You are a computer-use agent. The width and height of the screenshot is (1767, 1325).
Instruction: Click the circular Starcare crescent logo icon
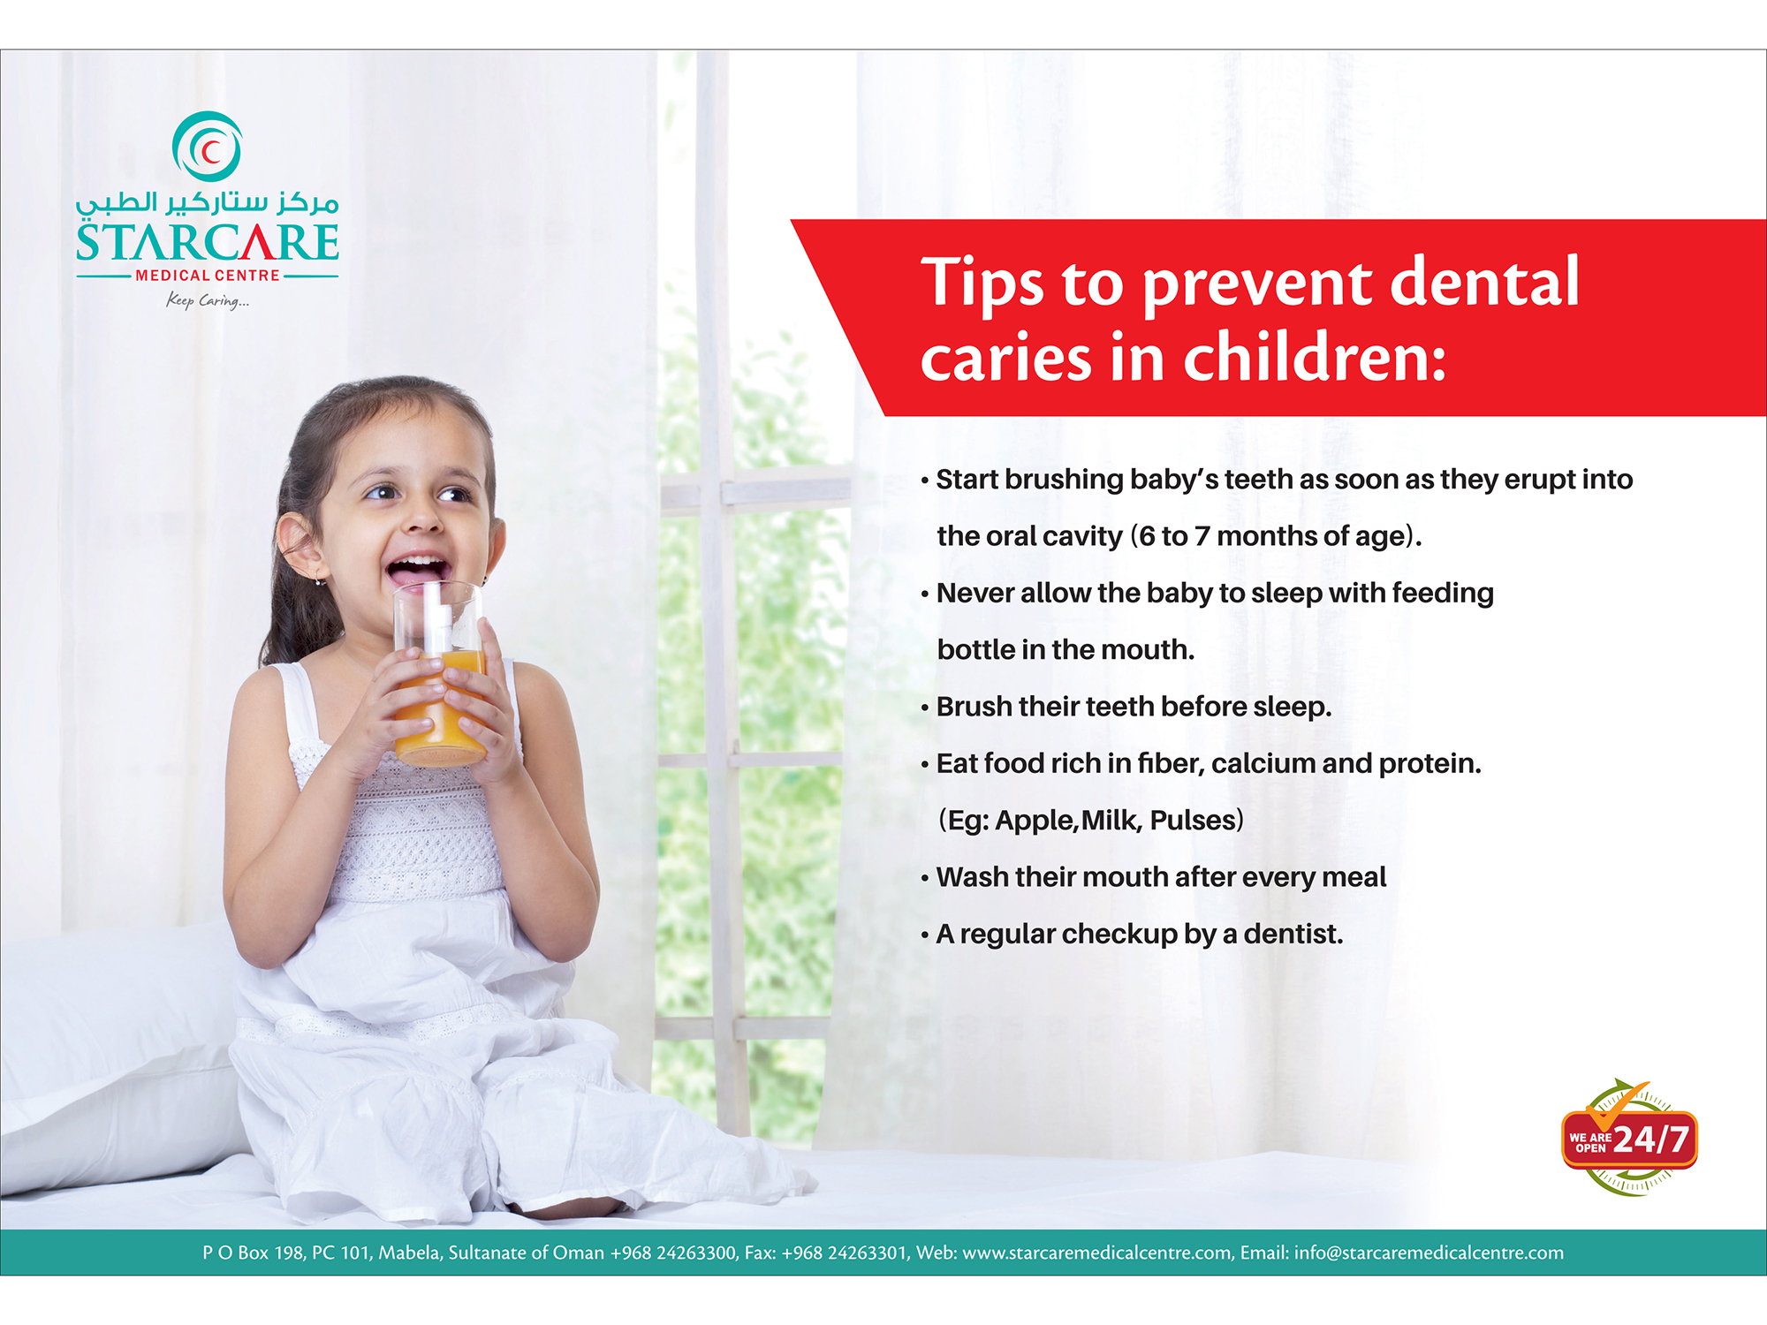click(x=207, y=147)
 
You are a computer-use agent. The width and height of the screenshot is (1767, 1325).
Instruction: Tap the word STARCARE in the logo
click(x=208, y=242)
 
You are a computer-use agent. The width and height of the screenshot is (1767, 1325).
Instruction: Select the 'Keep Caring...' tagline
click(x=208, y=301)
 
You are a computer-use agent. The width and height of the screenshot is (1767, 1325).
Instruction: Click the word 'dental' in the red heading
click(x=1484, y=282)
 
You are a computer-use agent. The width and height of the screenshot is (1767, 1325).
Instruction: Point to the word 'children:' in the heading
click(x=1315, y=357)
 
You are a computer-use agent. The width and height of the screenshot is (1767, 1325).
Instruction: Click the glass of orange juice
click(x=440, y=673)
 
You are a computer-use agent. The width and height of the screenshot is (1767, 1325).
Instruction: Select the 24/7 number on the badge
click(x=1651, y=1139)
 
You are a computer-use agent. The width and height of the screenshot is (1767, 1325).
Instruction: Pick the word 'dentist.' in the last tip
click(x=1293, y=934)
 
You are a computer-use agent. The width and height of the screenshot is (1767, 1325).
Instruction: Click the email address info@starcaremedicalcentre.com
click(x=1429, y=1253)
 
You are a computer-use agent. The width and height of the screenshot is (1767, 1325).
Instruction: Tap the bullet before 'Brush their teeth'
click(x=925, y=708)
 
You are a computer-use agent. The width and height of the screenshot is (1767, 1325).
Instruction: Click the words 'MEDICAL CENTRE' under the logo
click(x=208, y=276)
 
